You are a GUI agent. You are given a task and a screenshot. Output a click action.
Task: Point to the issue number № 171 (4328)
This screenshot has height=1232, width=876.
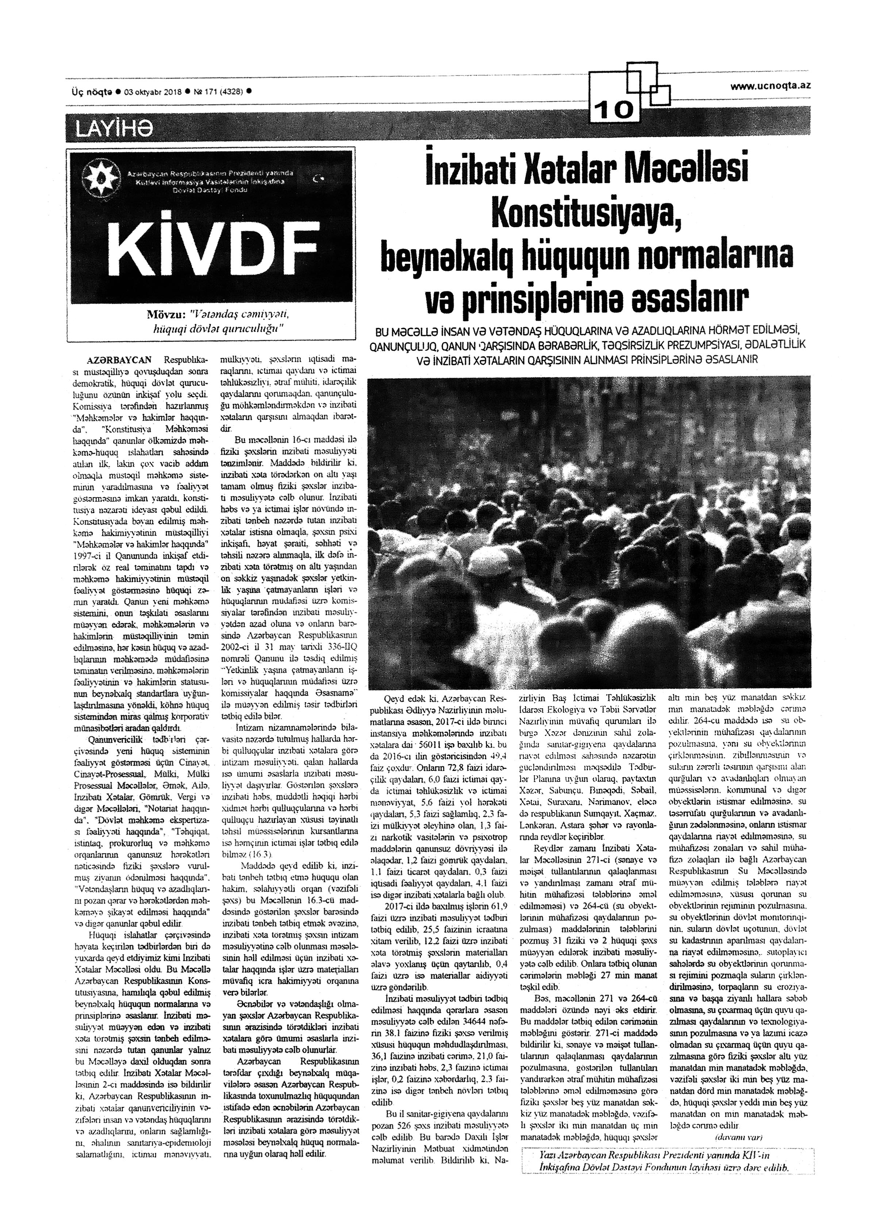coord(219,91)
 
